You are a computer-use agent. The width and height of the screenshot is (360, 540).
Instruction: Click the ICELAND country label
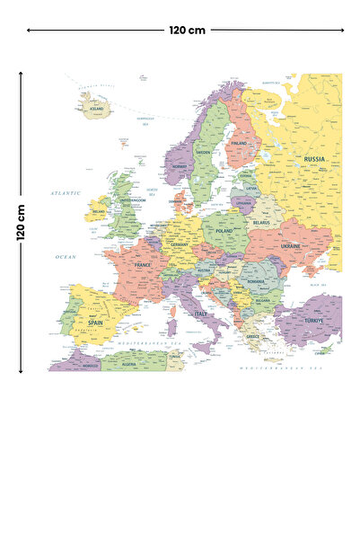(96, 109)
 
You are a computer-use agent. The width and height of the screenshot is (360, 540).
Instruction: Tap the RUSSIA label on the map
(314, 159)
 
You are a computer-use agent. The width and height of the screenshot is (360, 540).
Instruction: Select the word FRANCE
(142, 266)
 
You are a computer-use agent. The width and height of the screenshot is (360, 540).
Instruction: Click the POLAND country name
(223, 231)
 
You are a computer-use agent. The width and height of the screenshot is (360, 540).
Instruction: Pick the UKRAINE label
(291, 245)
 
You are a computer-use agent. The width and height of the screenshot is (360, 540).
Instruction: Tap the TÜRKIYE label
(312, 321)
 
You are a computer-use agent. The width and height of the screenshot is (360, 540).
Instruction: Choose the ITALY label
(200, 314)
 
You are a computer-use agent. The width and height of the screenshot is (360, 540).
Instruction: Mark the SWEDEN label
(204, 153)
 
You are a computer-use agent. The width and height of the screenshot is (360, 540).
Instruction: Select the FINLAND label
(239, 143)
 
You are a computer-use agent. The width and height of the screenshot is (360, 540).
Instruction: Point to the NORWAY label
(180, 166)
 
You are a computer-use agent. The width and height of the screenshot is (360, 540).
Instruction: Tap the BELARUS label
(261, 222)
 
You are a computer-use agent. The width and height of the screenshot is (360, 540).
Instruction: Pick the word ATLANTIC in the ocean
(66, 192)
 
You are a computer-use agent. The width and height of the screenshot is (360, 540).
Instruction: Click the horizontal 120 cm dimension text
(187, 30)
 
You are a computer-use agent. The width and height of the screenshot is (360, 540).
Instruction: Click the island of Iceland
(94, 104)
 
